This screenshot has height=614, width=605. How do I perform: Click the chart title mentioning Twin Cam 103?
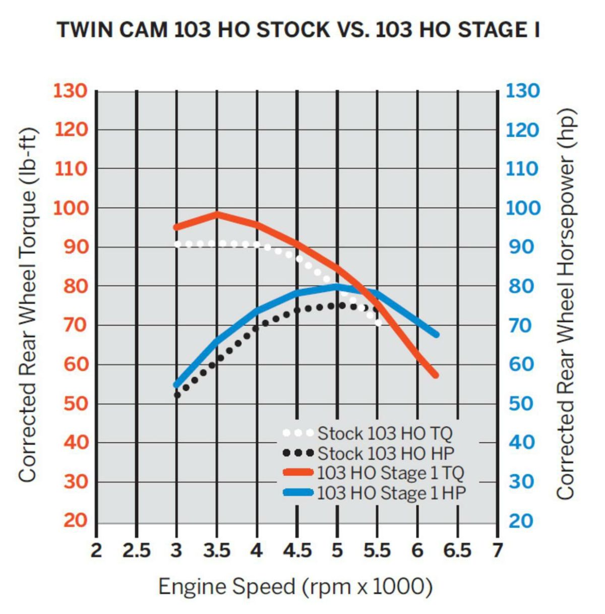(298, 30)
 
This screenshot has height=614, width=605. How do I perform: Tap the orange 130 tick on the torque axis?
(71, 91)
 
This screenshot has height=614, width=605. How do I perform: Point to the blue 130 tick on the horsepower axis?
(522, 91)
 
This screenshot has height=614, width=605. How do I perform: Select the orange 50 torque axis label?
(75, 403)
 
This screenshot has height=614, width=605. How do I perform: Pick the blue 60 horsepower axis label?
(521, 364)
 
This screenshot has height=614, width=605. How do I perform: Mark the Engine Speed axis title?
(295, 587)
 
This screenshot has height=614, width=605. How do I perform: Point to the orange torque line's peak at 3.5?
(217, 214)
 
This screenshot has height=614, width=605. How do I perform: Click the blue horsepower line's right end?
(436, 334)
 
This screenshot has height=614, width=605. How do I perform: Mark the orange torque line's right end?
(436, 375)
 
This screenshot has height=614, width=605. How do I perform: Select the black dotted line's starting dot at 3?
(177, 395)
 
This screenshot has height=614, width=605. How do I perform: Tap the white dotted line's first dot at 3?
(177, 244)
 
